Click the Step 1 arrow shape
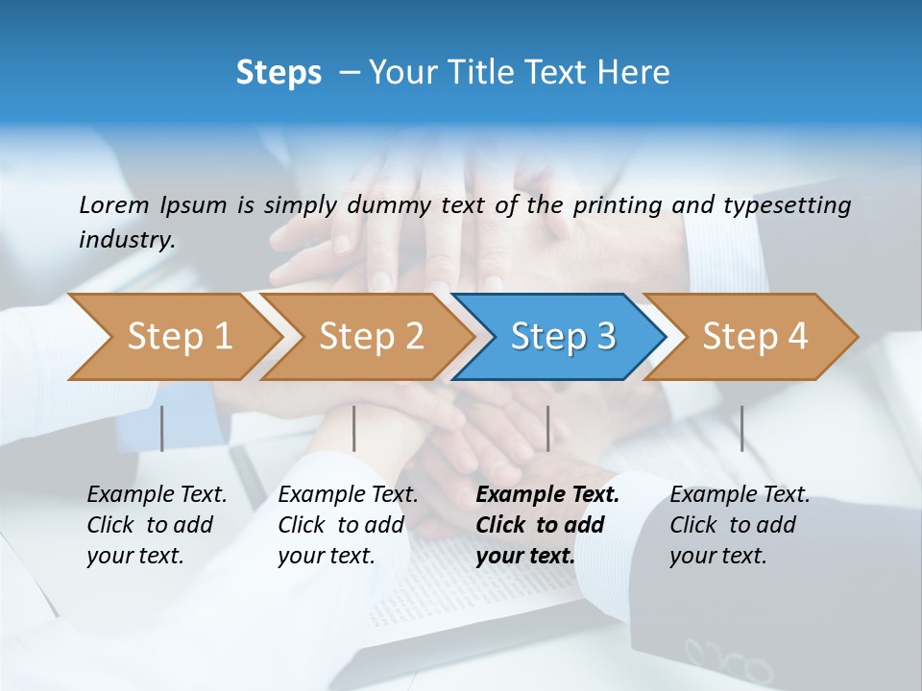pyautogui.click(x=173, y=337)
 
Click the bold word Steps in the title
pyautogui.click(x=279, y=73)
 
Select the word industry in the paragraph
pyautogui.click(x=127, y=239)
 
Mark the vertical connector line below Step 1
pyautogui.click(x=161, y=428)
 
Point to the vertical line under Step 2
pyautogui.click(x=354, y=428)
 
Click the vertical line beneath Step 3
pyautogui.click(x=547, y=428)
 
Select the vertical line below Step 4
pyautogui.click(x=741, y=428)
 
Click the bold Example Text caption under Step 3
pyautogui.click(x=547, y=524)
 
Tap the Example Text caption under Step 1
pyautogui.click(x=157, y=524)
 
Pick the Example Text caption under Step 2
pyautogui.click(x=348, y=524)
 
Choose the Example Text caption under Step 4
pyautogui.click(x=740, y=524)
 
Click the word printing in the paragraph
pyautogui.click(x=616, y=204)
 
